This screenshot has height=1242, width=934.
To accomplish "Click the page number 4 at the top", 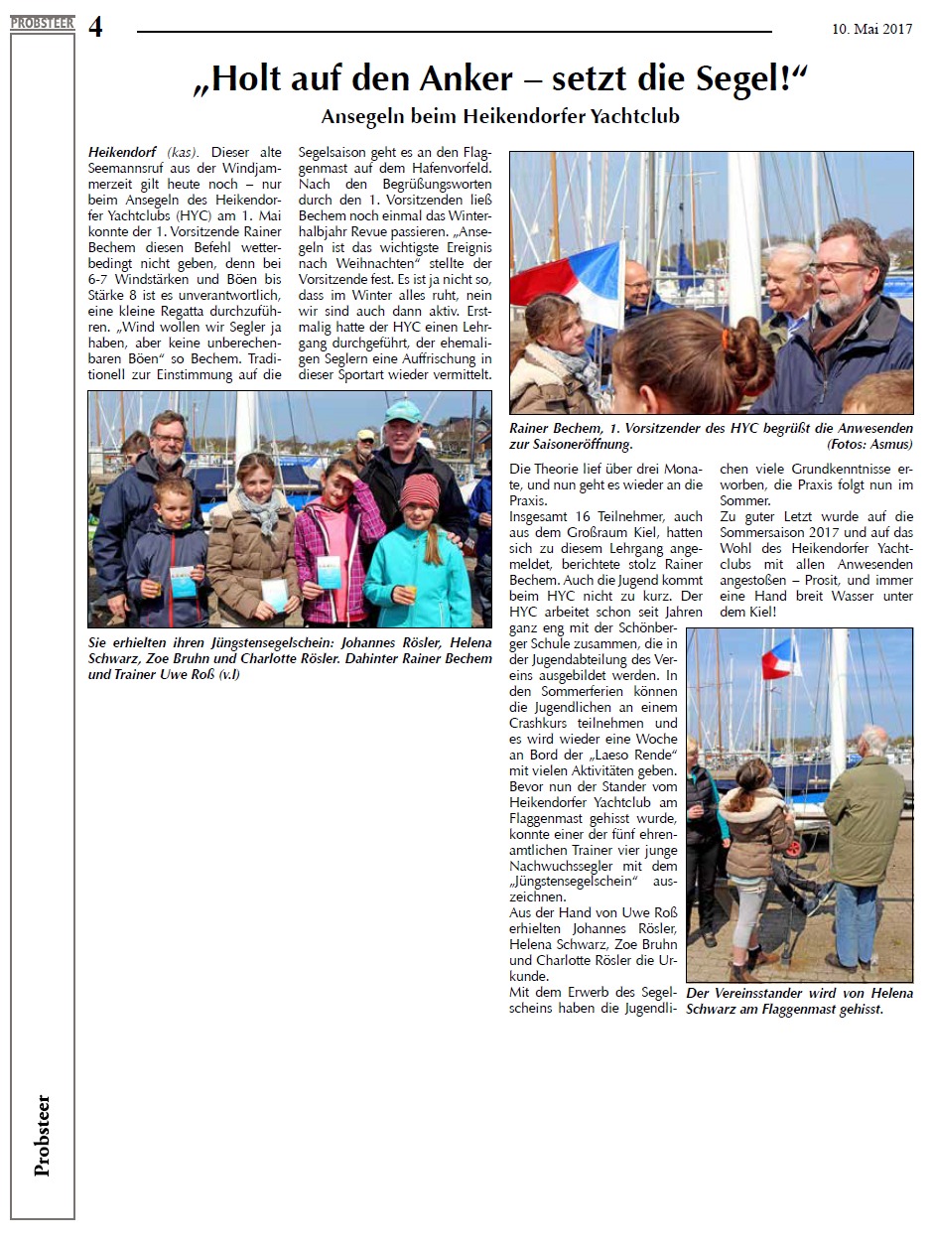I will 95,27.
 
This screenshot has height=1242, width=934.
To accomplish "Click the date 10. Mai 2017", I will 871,29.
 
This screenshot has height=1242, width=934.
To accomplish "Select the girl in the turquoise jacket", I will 417,566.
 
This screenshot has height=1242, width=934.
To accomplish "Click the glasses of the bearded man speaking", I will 842,266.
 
